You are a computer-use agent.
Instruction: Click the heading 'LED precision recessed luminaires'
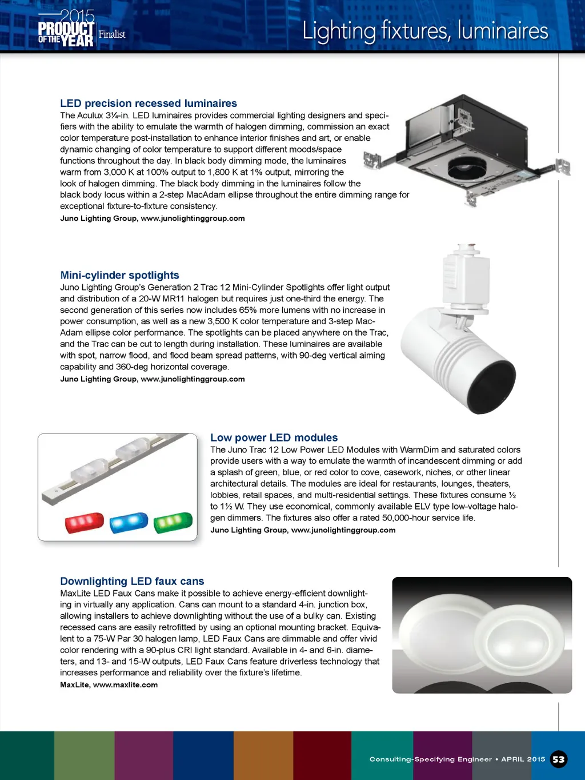(x=149, y=104)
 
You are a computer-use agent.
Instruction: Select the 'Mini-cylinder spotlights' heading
(x=120, y=276)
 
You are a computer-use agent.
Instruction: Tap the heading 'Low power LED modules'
(x=274, y=438)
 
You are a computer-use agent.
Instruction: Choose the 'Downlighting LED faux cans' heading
(x=132, y=582)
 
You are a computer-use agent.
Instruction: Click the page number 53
(x=558, y=759)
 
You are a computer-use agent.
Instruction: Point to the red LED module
(x=85, y=522)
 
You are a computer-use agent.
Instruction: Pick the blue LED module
(x=129, y=522)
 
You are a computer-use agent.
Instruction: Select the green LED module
(x=173, y=522)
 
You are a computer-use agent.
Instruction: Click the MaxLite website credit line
(x=109, y=685)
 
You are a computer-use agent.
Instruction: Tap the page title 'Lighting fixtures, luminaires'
(x=425, y=31)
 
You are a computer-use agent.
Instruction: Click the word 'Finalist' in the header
(x=112, y=34)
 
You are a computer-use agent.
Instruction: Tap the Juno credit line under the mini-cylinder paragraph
(x=153, y=379)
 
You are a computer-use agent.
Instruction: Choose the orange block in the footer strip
(x=263, y=755)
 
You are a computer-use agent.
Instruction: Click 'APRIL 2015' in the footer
(x=523, y=759)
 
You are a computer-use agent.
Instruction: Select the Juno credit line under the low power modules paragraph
(x=303, y=530)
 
